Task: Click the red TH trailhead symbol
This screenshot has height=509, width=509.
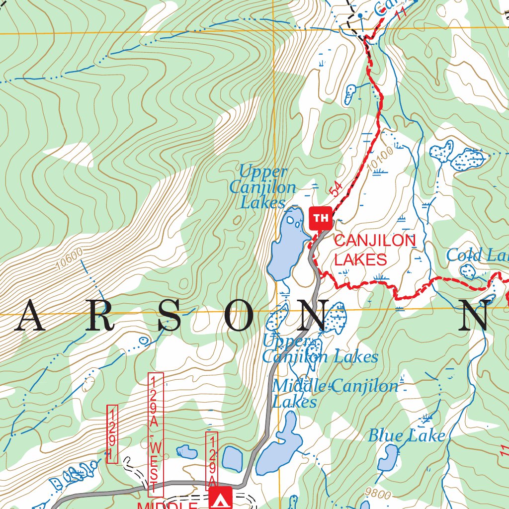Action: point(321,218)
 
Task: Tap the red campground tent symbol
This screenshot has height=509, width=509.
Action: point(219,499)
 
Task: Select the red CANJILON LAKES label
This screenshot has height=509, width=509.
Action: point(374,250)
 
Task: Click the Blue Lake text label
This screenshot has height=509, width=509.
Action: point(406,436)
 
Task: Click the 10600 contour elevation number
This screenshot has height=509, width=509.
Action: point(69,258)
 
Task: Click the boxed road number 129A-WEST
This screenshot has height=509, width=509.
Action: point(156,434)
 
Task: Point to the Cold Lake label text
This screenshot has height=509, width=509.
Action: point(477,255)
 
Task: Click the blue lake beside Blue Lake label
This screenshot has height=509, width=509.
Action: point(388,458)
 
